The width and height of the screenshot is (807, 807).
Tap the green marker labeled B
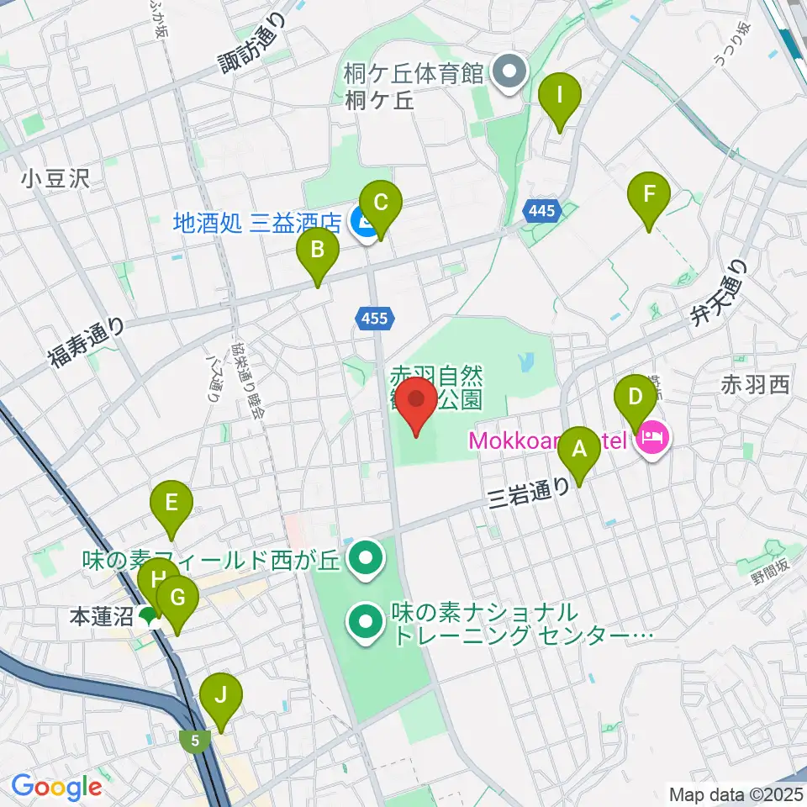tap(318, 250)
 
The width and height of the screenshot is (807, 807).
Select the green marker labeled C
tap(381, 203)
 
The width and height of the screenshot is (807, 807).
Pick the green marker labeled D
tap(636, 396)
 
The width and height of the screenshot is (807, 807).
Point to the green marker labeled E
tap(171, 504)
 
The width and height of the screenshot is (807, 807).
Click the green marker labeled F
tap(649, 195)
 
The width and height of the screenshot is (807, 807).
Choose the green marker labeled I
tap(560, 96)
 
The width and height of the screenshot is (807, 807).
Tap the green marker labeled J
tap(221, 696)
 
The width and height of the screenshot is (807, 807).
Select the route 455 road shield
tap(371, 318)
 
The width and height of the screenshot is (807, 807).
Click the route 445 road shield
tap(542, 210)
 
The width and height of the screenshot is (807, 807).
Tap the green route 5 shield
tap(195, 740)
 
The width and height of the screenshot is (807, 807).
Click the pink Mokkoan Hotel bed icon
tap(654, 436)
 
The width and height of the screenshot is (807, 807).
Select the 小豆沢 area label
tap(56, 178)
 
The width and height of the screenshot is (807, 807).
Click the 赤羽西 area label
tap(754, 386)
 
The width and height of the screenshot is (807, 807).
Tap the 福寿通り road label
tap(86, 343)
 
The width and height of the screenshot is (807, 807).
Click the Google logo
tap(56, 787)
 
